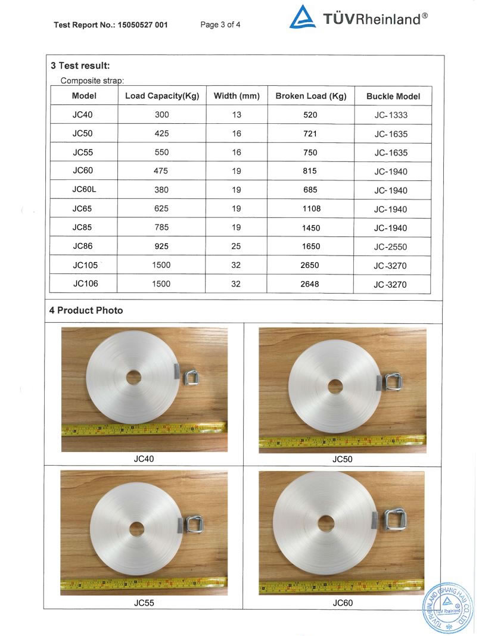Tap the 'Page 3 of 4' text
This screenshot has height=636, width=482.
(220, 25)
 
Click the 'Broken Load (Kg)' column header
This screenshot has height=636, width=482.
(310, 96)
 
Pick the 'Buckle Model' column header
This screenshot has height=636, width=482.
(393, 96)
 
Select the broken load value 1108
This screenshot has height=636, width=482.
(310, 209)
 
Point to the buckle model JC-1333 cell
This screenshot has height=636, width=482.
(391, 116)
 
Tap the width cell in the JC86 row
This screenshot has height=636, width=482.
(236, 247)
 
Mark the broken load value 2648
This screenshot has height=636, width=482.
(310, 284)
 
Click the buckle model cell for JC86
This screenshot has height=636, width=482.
(391, 247)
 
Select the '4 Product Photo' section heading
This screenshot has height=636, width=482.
(86, 310)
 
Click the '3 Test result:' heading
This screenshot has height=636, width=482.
(80, 66)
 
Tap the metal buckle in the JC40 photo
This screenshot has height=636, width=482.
(192, 376)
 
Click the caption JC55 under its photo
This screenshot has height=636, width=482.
(144, 603)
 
